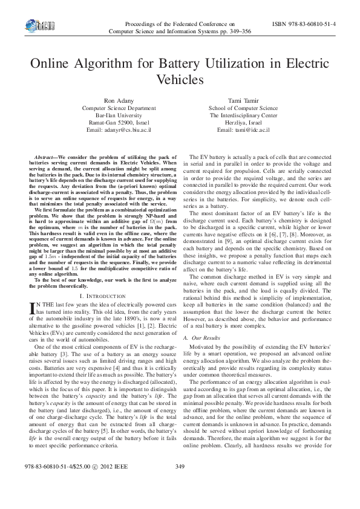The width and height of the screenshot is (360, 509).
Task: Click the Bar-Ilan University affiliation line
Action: pyautogui.click(x=114, y=115)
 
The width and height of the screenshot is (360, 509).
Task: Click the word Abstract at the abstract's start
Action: pyautogui.click(x=46, y=157)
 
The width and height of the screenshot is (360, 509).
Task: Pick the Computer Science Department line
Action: pyautogui.click(x=114, y=108)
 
